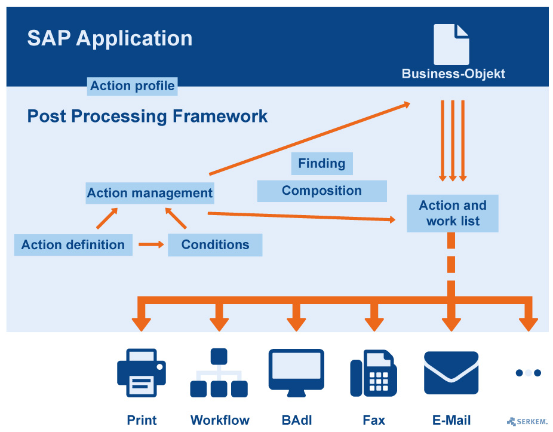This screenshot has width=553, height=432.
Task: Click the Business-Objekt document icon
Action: click(451, 44)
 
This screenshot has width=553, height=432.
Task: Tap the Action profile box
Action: click(132, 86)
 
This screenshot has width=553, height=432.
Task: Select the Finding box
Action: click(322, 163)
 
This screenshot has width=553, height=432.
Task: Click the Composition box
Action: click(322, 191)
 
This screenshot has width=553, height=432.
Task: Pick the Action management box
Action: click(149, 193)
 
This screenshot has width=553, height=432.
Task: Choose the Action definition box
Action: click(73, 244)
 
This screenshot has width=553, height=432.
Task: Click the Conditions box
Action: click(215, 244)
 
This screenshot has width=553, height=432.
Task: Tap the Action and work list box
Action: click(453, 213)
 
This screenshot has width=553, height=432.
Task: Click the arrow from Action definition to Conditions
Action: click(151, 244)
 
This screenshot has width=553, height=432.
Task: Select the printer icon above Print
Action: click(142, 373)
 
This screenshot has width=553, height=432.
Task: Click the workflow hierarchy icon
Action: click(219, 373)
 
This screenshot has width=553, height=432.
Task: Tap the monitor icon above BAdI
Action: click(296, 373)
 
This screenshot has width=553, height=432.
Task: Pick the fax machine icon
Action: click(373, 373)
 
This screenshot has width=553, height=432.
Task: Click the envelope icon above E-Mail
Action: click(451, 373)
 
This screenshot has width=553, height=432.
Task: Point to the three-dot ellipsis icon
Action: click(528, 373)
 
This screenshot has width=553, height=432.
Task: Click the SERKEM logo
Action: click(527, 421)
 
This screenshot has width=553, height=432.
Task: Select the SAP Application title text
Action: click(110, 38)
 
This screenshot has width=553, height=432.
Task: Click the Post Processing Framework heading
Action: click(148, 116)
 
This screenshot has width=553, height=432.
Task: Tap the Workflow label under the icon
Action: click(220, 420)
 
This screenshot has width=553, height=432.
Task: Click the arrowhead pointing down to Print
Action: click(142, 324)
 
